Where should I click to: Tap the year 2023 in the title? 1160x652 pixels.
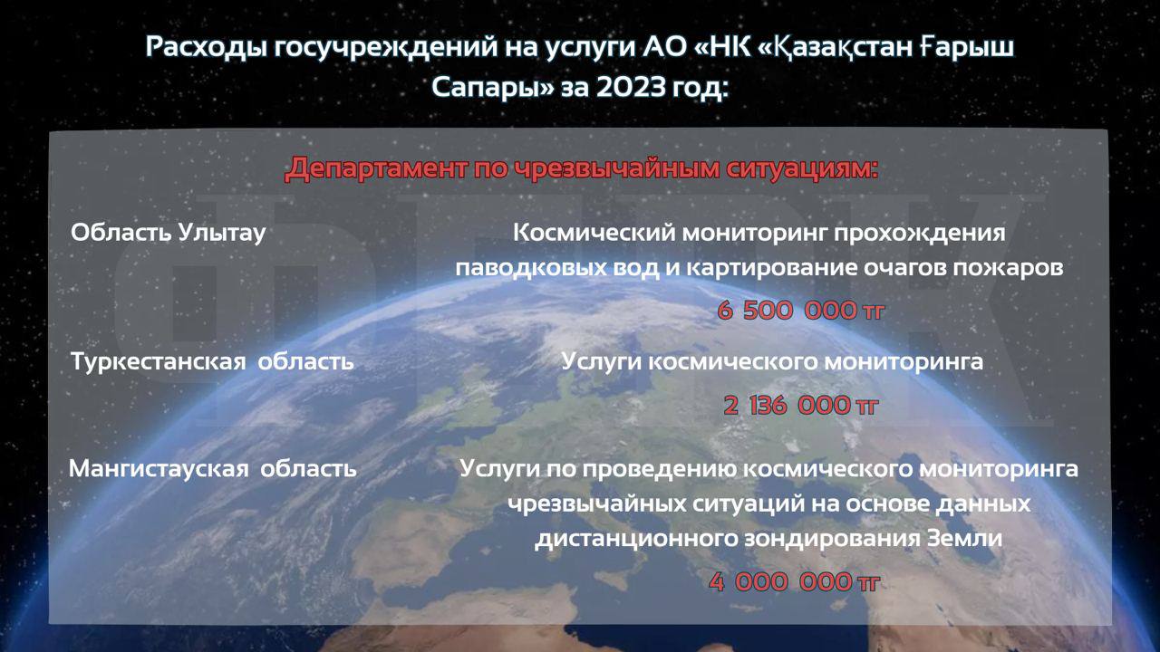pos(631,87)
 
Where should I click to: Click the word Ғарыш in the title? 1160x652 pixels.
pos(967,46)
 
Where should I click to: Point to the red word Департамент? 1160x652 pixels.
pos(375,168)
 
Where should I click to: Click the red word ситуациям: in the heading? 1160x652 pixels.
pos(802,169)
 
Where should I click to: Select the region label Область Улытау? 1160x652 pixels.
pos(168,233)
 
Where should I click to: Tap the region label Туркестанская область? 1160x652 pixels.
pos(212,360)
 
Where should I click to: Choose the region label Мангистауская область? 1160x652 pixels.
pos(213,469)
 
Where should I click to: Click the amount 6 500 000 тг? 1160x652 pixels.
pos(800,311)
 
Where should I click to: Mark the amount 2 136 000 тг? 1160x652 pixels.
pos(800,405)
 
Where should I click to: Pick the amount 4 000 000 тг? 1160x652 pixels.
pos(794,582)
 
